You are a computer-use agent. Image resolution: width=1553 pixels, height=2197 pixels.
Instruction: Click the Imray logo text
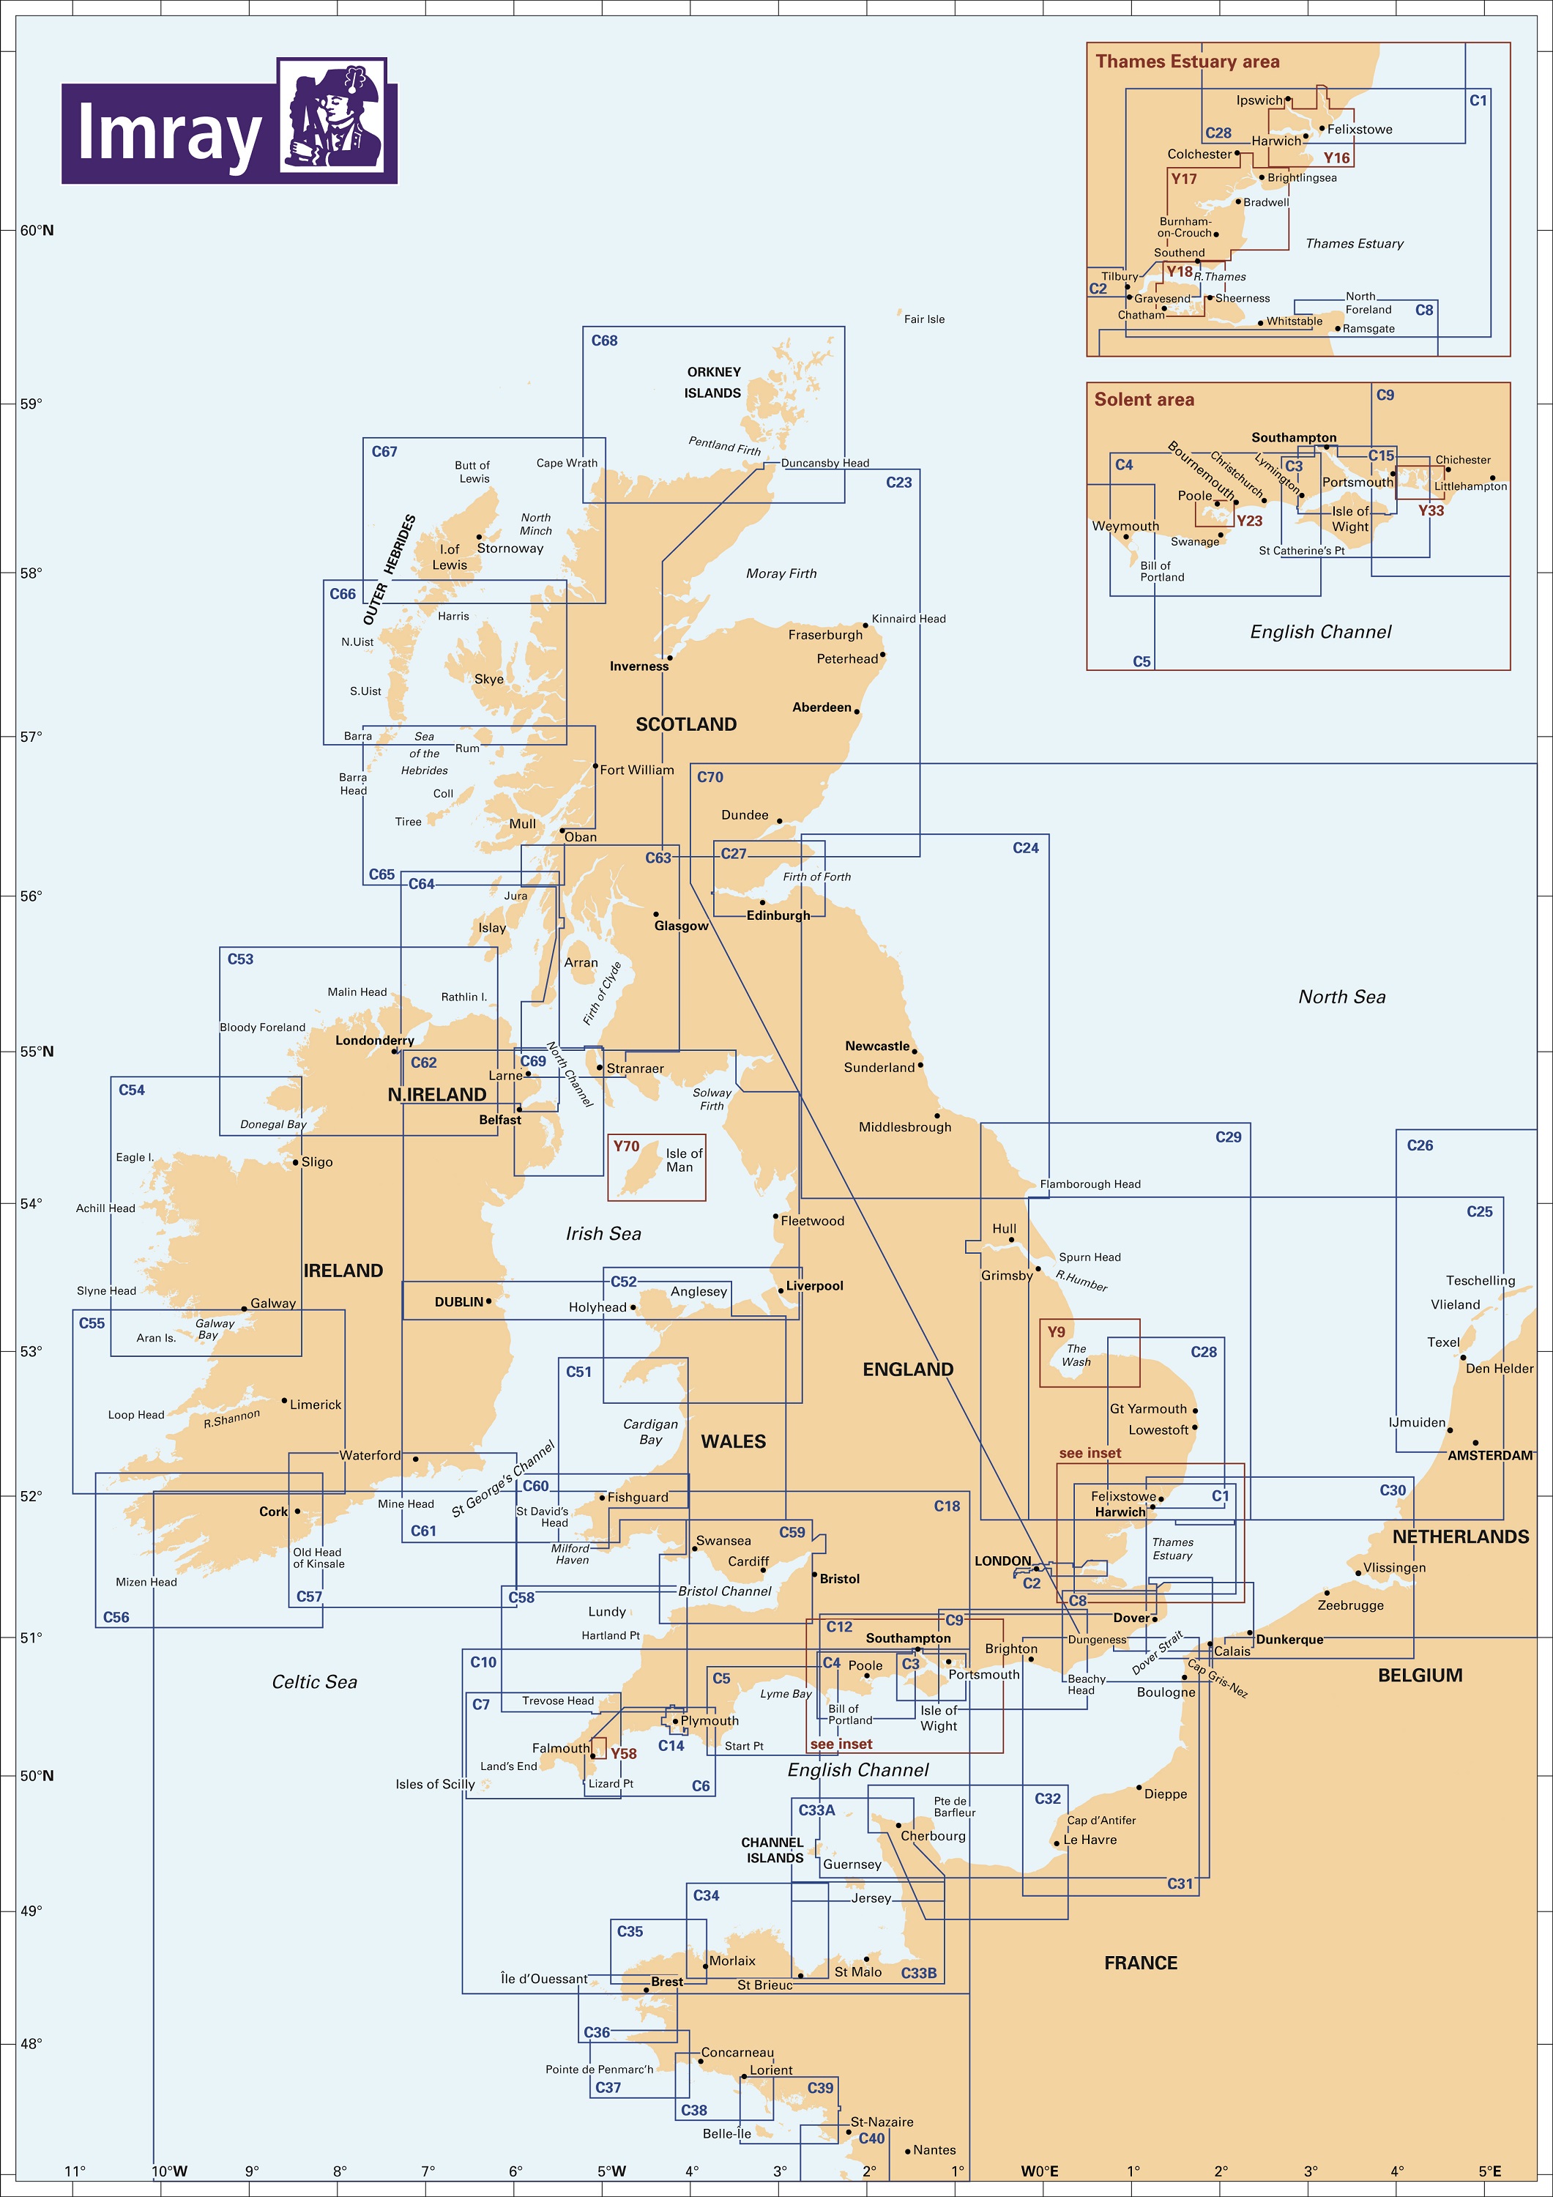pos(168,134)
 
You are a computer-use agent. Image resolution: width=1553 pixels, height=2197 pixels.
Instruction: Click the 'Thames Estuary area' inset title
pos(1186,62)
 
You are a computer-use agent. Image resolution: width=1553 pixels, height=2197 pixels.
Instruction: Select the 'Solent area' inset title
pos(1144,400)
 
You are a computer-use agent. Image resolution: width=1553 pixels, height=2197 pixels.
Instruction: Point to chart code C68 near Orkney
pos(604,341)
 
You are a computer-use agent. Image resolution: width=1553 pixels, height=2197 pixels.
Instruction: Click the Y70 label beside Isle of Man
pos(626,1146)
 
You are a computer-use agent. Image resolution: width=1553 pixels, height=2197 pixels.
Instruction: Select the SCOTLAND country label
pos(686,724)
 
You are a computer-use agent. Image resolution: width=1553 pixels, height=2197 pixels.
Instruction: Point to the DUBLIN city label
pos(458,1302)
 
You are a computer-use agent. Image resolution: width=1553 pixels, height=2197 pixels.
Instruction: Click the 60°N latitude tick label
pos(37,231)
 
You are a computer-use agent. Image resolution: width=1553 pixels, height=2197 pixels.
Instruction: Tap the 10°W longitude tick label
pos(169,2171)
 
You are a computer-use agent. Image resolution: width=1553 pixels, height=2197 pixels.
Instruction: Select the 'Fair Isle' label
pos(923,319)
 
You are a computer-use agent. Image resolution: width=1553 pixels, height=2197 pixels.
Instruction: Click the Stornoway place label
pos(510,549)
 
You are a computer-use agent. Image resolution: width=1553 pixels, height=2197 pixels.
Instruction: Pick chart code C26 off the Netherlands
pos(1419,1145)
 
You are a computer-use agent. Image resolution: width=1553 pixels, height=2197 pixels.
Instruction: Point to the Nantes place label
pos(934,2150)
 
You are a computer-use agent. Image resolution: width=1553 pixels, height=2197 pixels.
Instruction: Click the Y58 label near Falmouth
pos(623,1754)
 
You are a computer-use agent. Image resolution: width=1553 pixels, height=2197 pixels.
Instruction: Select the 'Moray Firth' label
pos(781,574)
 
